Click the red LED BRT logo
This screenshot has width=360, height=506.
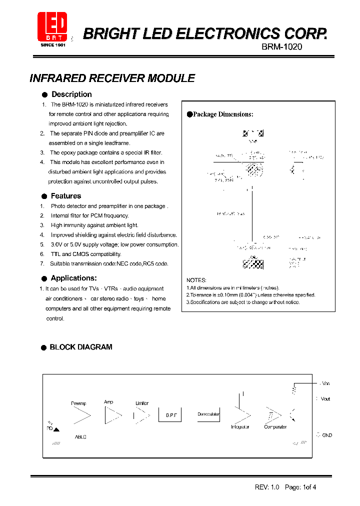pyautogui.click(x=52, y=26)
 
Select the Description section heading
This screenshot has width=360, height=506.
pyautogui.click(x=71, y=94)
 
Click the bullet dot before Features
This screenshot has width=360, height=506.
pyautogui.click(x=44, y=196)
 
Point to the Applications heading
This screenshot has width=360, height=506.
pyautogui.click(x=73, y=278)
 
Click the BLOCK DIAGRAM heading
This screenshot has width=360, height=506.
pyautogui.click(x=81, y=347)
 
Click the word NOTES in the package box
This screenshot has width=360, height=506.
pyautogui.click(x=196, y=280)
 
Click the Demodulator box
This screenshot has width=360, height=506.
pyautogui.click(x=208, y=414)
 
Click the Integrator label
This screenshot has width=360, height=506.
pyautogui.click(x=240, y=427)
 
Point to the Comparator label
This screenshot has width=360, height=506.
pyautogui.click(x=275, y=427)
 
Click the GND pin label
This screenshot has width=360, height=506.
pyautogui.click(x=326, y=435)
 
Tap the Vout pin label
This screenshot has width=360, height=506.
pyautogui.click(x=325, y=399)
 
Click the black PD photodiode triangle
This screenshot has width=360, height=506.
pyautogui.click(x=56, y=429)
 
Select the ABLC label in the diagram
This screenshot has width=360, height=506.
pyautogui.click(x=80, y=437)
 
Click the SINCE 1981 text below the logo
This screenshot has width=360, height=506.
pyautogui.click(x=53, y=45)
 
